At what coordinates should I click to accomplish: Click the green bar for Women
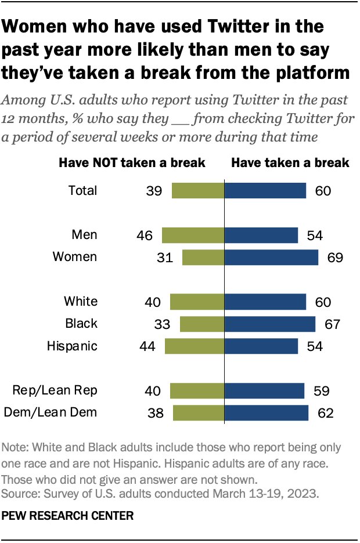203,257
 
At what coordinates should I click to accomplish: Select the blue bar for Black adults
270,324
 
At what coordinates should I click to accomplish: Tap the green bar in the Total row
198,190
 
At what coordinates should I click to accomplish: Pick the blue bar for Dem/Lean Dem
267,412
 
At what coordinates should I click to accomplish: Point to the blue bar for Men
261,235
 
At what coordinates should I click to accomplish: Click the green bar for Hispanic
195,346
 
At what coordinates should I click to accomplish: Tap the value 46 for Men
144,235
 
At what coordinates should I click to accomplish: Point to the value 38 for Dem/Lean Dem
155,412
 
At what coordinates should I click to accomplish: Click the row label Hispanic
72,346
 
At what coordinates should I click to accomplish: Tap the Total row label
82,190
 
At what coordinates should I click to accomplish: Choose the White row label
81,302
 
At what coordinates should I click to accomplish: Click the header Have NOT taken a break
132,162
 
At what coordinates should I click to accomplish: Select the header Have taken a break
290,162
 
